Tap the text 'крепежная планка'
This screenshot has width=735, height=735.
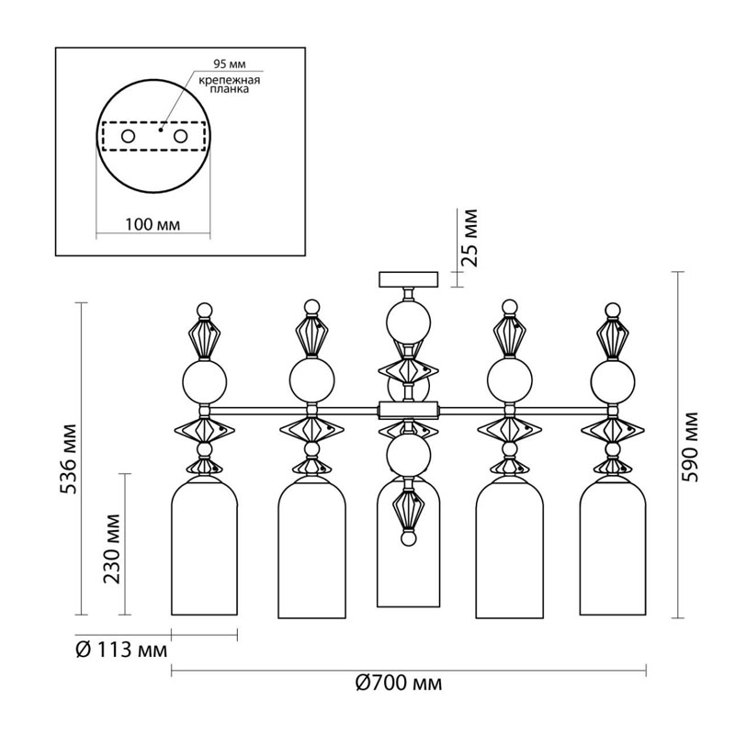tap(224, 87)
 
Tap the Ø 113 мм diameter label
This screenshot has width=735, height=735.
tap(120, 650)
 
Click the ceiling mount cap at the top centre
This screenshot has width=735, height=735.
tap(407, 278)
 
